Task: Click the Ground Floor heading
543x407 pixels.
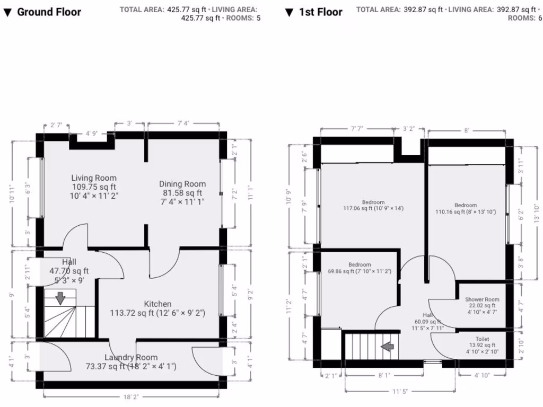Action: (49, 12)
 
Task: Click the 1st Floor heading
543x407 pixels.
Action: (320, 12)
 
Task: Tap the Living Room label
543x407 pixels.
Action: (94, 178)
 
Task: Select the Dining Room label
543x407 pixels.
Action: (182, 184)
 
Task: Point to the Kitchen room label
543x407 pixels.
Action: (157, 304)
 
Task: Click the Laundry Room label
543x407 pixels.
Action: (131, 357)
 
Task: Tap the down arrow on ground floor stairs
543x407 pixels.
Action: (60, 298)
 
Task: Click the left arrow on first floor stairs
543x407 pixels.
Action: (388, 347)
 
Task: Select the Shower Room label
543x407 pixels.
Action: (482, 299)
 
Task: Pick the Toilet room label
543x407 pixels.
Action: (482, 339)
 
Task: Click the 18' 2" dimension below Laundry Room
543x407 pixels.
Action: (131, 395)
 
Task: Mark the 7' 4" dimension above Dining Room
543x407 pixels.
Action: (183, 123)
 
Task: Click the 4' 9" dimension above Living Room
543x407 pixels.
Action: (91, 134)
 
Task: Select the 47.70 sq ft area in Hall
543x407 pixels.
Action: (69, 271)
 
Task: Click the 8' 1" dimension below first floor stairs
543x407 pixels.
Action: (385, 375)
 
